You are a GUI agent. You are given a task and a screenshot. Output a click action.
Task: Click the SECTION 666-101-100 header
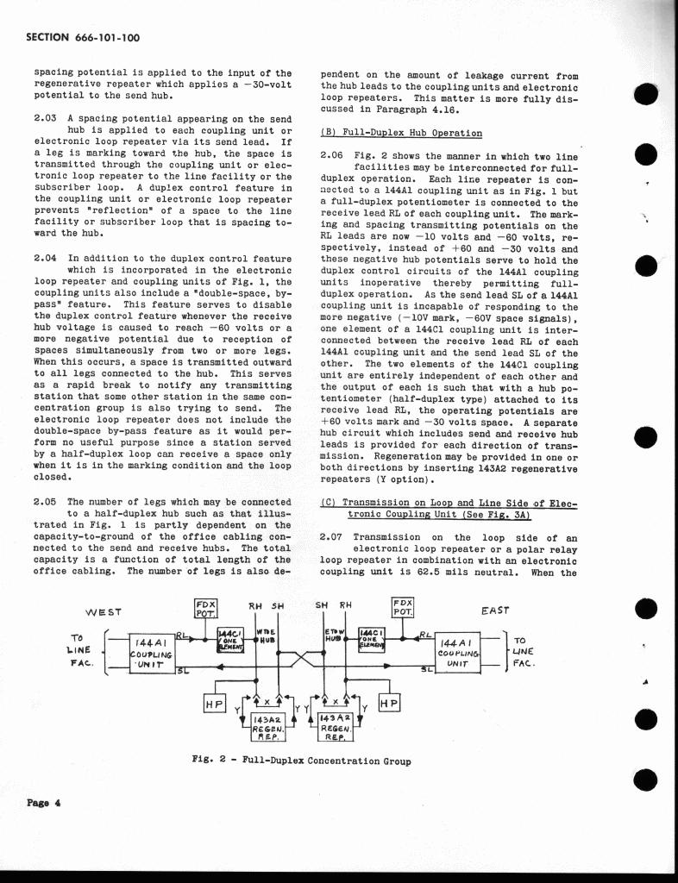(84, 38)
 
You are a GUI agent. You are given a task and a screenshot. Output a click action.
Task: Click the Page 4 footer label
(43, 804)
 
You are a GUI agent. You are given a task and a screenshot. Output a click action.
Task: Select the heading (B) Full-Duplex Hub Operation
(401, 133)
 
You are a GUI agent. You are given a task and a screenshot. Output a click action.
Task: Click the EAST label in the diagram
(494, 611)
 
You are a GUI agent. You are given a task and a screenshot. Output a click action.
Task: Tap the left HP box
(213, 704)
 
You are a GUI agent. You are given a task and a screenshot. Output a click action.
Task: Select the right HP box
(388, 704)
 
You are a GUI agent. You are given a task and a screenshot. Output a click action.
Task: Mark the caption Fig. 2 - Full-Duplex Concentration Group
(300, 761)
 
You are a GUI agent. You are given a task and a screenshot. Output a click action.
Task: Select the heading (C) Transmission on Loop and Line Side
(448, 508)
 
